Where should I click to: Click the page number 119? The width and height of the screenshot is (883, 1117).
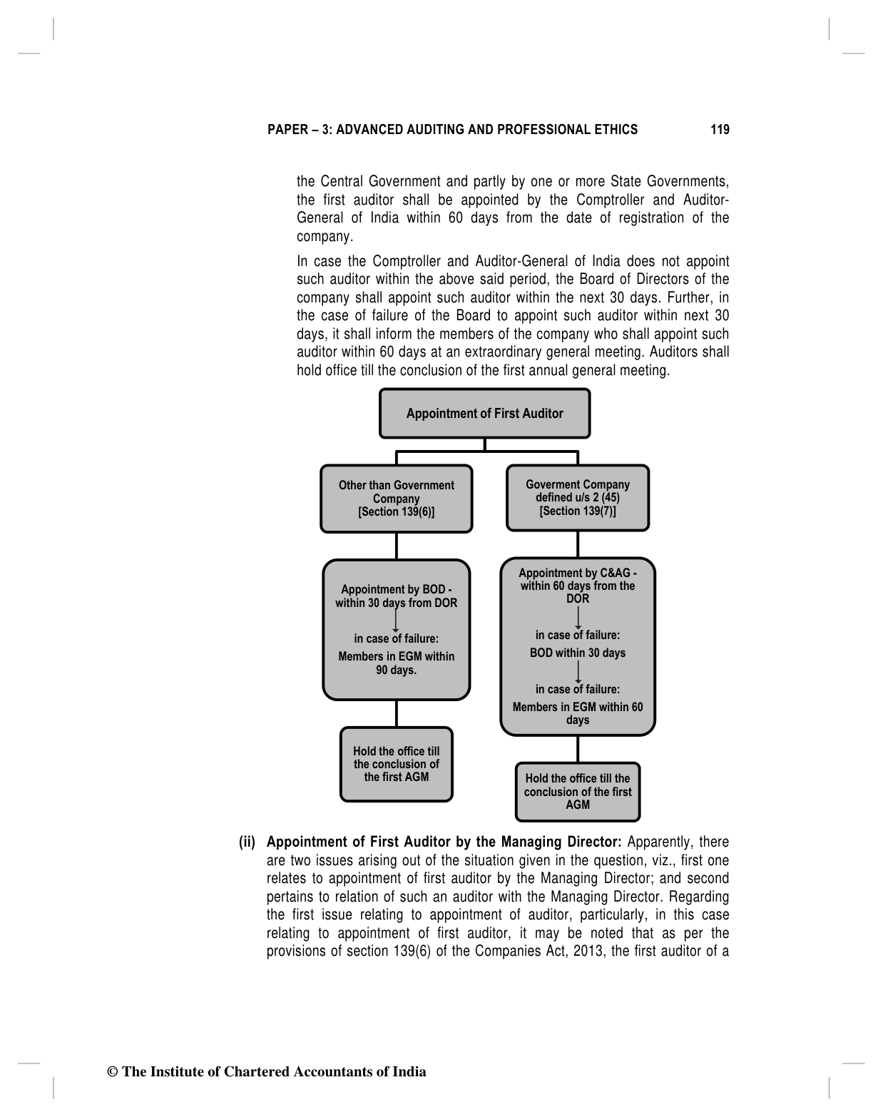720,130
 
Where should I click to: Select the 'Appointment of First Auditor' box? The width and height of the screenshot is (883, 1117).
484,414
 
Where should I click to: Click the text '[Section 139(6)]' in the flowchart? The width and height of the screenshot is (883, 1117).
396,512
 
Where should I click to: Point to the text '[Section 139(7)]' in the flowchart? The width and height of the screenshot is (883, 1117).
577,511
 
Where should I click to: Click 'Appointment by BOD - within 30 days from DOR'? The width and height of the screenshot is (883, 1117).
396,596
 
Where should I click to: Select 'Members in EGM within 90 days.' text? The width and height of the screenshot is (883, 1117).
396,663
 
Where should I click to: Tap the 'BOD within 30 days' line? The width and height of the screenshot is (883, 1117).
577,653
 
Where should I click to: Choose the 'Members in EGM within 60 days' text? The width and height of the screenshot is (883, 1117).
577,713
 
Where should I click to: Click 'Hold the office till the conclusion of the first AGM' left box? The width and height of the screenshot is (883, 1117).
396,764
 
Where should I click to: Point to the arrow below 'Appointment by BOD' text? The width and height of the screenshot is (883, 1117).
396,621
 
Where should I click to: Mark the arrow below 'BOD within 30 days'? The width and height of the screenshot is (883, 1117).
578,672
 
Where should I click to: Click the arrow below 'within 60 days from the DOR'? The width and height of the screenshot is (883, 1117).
578,618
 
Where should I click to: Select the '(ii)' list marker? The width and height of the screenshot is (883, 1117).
247,842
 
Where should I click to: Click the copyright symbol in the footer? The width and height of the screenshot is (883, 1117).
112,1072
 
